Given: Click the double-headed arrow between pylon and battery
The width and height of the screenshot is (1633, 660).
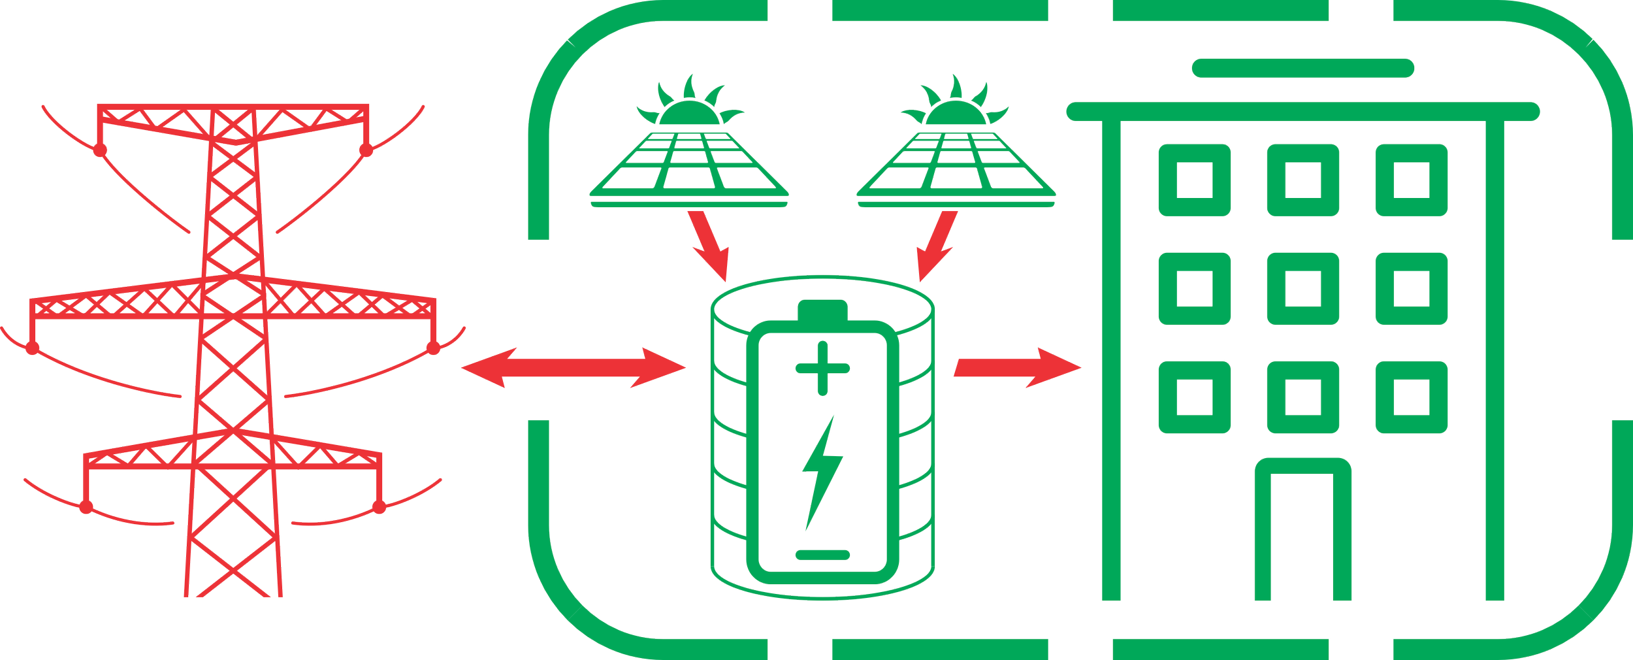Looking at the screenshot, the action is click(574, 367).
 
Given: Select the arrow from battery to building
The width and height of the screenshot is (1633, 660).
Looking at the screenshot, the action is click(1016, 367).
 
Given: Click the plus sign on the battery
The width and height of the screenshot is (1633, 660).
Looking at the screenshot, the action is click(822, 368).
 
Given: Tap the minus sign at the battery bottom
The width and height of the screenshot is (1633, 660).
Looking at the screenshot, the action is click(822, 555).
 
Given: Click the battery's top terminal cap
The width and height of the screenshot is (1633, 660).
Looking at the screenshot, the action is click(822, 308).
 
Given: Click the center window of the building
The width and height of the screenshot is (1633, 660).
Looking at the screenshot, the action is click(1302, 288).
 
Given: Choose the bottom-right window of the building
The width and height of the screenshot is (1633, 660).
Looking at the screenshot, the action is click(1412, 397).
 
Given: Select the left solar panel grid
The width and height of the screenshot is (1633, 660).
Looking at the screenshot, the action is click(689, 163).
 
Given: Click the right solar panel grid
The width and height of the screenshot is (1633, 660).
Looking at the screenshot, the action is click(957, 163).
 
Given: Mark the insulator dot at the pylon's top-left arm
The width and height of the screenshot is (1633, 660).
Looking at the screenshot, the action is click(100, 151).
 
